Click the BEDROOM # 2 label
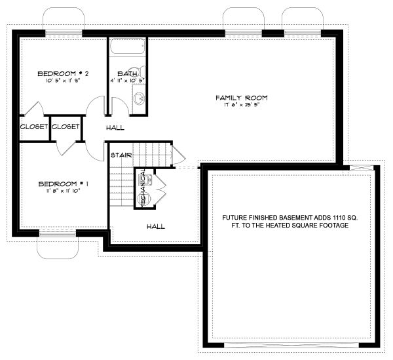(x=63, y=73)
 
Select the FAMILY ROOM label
(x=242, y=98)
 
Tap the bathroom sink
(x=139, y=98)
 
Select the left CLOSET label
(x=34, y=127)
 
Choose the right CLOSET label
(x=65, y=127)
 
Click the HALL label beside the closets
(x=115, y=127)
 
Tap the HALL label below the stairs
(x=155, y=226)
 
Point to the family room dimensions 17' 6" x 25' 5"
(x=242, y=105)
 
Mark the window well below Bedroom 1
(x=58, y=244)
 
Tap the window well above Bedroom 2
(x=63, y=20)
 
